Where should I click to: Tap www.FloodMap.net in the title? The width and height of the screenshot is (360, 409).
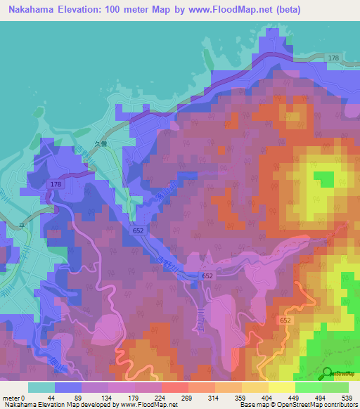pos(235,9)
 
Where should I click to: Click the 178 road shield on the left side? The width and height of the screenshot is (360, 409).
pos(56,183)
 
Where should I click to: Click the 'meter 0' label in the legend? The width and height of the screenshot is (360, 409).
pos(13,397)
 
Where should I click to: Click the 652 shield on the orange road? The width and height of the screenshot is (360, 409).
pos(284,320)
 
